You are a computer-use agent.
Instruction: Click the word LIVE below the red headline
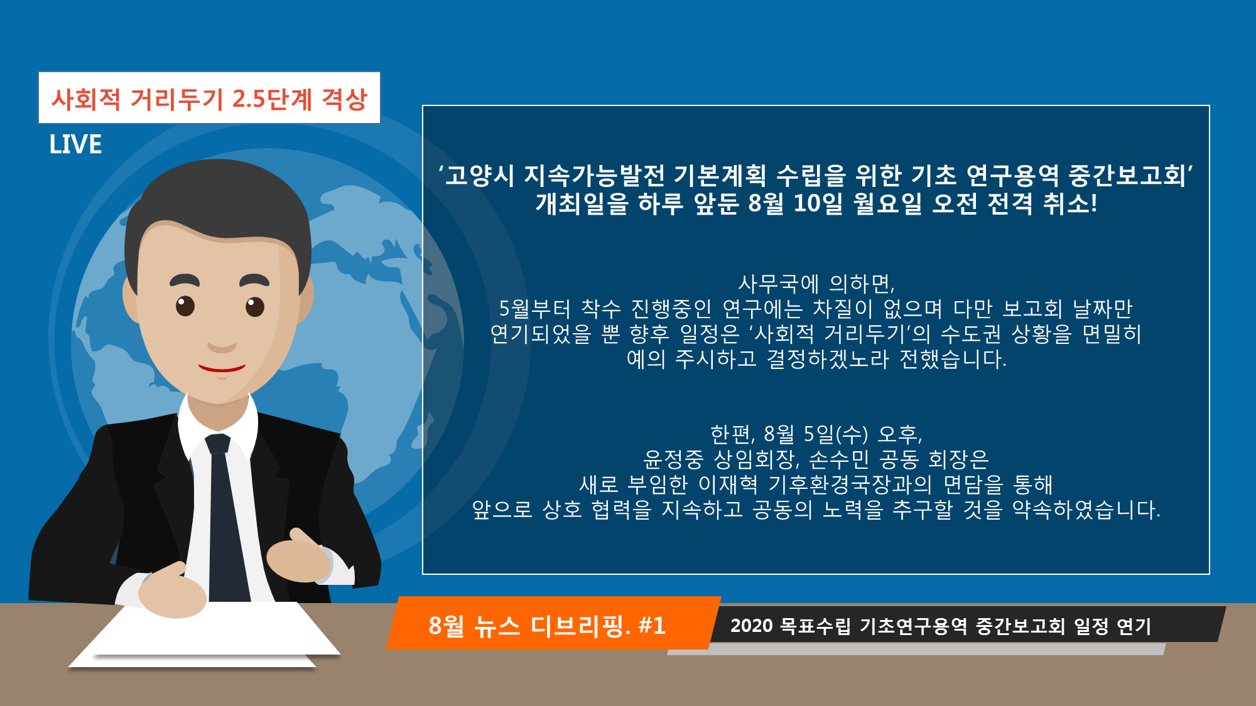point(75,144)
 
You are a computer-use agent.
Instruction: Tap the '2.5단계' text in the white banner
point(272,99)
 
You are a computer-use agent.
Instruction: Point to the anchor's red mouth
point(222,368)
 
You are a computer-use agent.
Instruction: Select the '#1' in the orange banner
point(651,626)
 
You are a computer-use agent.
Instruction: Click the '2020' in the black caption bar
point(751,626)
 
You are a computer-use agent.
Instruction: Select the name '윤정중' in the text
point(673,459)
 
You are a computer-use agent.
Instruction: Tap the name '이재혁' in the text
point(728,484)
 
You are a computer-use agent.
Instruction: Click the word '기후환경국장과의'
point(850,484)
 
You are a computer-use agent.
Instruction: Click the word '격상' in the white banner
point(344,99)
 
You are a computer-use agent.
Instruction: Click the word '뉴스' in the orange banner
point(497,626)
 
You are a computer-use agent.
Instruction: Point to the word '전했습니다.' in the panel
point(953,359)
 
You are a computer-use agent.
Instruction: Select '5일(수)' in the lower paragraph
point(836,434)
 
